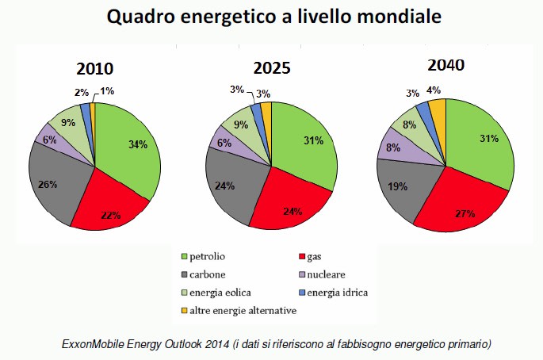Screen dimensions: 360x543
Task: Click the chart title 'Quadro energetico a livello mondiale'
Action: (271, 17)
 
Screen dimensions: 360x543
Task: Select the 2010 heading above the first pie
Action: (94, 68)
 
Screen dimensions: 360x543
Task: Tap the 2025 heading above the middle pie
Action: (272, 68)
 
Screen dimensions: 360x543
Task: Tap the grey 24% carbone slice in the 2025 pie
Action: (230, 188)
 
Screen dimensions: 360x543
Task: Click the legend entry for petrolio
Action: (208, 257)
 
